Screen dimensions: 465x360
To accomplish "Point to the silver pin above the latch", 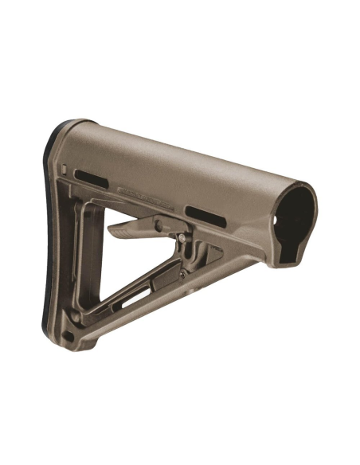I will (x=186, y=235).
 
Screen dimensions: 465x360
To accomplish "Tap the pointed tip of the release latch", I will (x=112, y=233).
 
